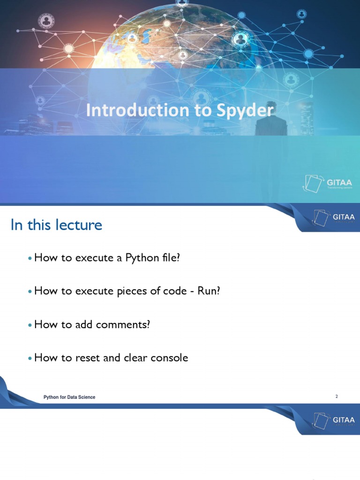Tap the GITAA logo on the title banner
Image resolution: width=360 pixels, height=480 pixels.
pyautogui.click(x=327, y=183)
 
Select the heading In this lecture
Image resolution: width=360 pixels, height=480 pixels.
pyautogui.click(x=56, y=225)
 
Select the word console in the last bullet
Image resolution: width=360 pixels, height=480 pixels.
pyautogui.click(x=169, y=358)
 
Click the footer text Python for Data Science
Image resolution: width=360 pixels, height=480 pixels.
pyautogui.click(x=69, y=397)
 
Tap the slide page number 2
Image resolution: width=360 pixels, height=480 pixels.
pyautogui.click(x=337, y=397)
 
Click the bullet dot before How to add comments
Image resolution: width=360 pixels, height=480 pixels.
pyautogui.click(x=30, y=325)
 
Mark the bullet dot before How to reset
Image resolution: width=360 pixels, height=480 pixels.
pyautogui.click(x=30, y=358)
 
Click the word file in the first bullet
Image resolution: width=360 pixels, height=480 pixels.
pyautogui.click(x=170, y=258)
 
